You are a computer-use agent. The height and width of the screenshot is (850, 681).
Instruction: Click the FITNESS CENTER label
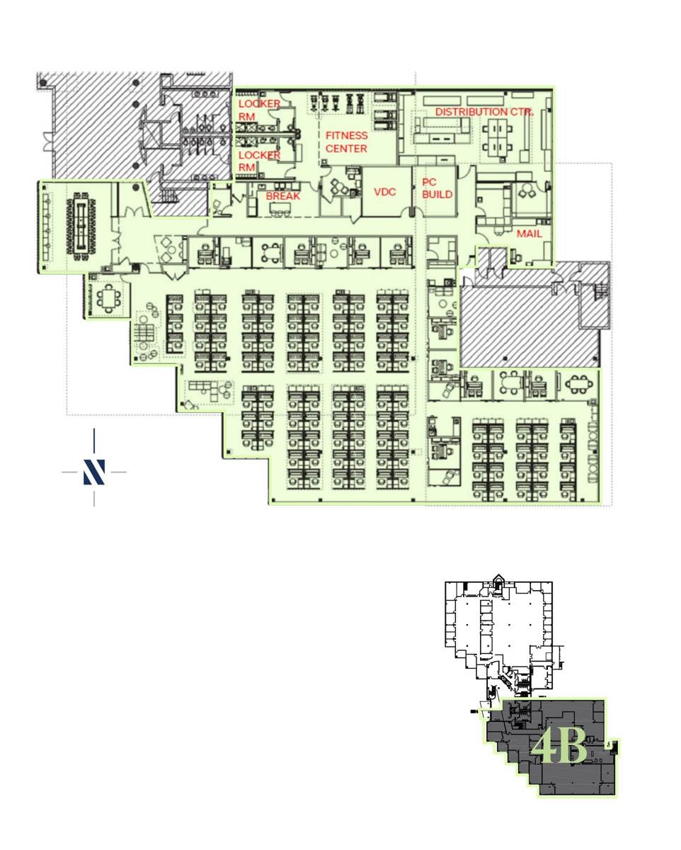(346, 142)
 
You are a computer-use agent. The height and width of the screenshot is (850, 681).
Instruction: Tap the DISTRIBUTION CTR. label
(484, 112)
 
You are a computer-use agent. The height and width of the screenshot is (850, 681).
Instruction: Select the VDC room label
(384, 192)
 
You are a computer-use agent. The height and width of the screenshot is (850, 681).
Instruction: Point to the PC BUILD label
(437, 188)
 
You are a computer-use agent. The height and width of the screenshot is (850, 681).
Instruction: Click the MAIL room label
(529, 234)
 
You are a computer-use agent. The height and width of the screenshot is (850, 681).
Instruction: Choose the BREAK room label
(282, 196)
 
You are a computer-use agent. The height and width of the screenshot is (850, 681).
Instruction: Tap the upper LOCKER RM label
(259, 110)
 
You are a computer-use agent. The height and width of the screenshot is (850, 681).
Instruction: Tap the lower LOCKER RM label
(259, 161)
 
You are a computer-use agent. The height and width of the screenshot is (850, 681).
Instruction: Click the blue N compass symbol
(94, 472)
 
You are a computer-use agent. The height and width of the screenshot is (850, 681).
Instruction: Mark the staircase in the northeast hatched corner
(600, 292)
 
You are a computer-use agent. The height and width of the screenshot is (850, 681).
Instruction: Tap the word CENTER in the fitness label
(346, 149)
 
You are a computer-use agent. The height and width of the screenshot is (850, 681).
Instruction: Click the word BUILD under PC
(437, 194)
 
